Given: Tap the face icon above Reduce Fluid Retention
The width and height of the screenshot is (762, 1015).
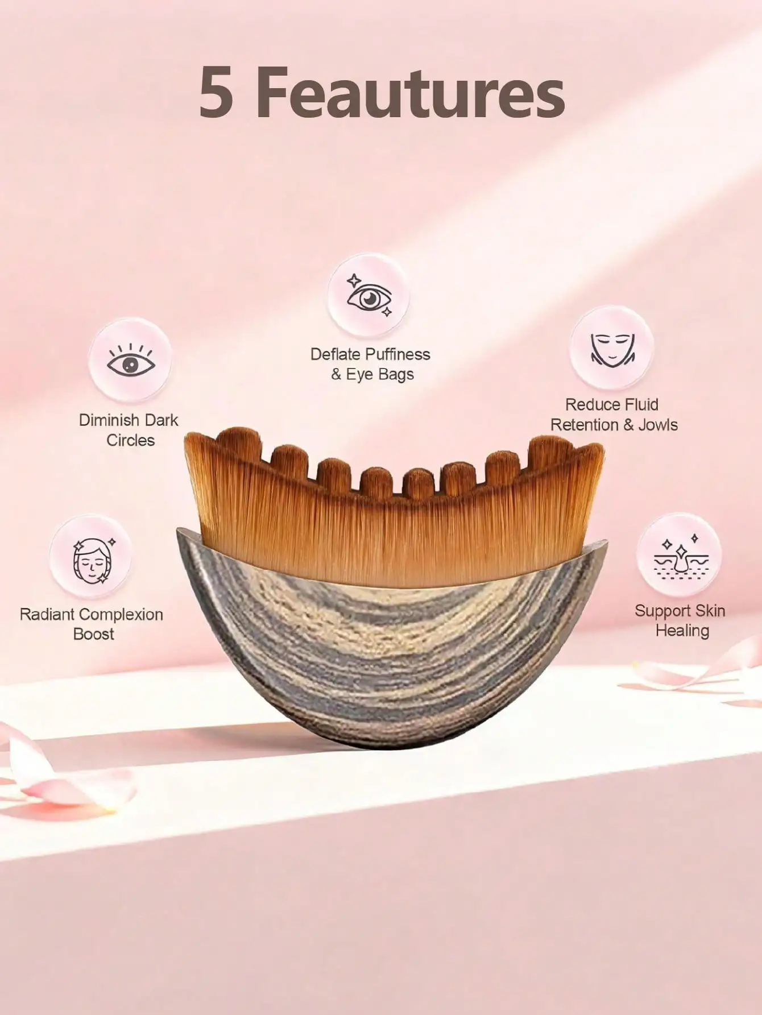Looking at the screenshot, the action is [611, 348].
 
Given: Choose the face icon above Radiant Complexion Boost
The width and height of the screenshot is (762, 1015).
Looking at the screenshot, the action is [92, 557].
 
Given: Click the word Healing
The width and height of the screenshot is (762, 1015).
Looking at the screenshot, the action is [682, 631].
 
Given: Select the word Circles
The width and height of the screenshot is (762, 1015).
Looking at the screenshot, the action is [130, 440].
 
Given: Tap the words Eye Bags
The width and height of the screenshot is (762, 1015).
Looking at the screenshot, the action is [379, 375].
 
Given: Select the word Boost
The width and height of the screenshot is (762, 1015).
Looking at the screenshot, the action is [94, 634].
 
